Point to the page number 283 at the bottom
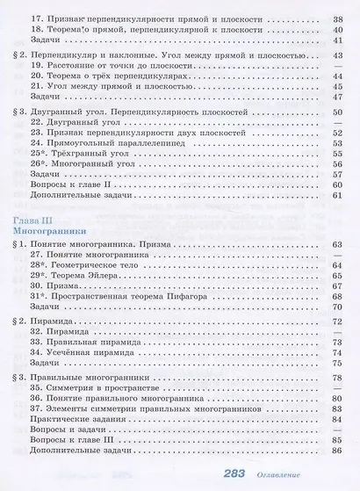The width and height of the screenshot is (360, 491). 263,474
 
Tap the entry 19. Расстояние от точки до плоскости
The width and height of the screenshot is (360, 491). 121,65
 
